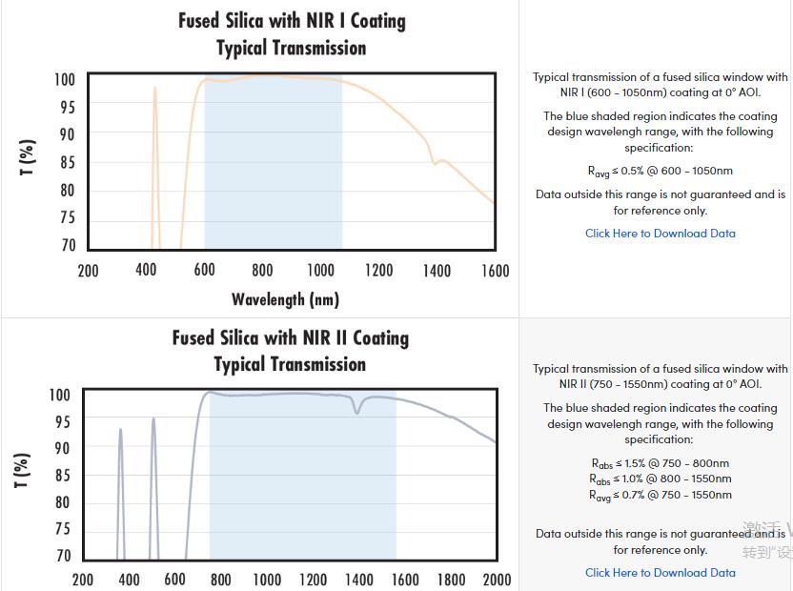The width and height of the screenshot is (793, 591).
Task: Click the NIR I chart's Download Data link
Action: [660, 233]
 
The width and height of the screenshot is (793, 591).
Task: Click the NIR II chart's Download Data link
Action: [660, 572]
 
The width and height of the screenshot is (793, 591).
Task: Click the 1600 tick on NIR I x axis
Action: [495, 271]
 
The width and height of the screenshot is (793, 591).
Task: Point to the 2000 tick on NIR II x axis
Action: [497, 580]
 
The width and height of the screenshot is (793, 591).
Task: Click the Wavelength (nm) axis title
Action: [285, 299]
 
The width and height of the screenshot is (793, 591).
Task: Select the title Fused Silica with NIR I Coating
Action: [292, 21]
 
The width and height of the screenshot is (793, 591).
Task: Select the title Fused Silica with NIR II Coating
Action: [290, 337]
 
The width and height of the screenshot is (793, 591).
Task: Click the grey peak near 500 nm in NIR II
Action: [152, 419]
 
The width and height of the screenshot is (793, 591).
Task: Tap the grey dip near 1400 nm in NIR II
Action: [358, 411]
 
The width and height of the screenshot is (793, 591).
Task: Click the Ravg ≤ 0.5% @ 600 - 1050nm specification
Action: [660, 172]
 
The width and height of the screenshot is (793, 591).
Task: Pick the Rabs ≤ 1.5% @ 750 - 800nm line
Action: [660, 463]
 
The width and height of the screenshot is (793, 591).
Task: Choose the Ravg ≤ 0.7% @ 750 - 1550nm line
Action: [660, 495]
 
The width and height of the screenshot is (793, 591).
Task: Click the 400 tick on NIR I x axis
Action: [146, 271]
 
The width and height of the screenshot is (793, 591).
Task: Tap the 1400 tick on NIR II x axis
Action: [359, 580]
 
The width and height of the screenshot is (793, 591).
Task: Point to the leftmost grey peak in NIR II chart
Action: [120, 430]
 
